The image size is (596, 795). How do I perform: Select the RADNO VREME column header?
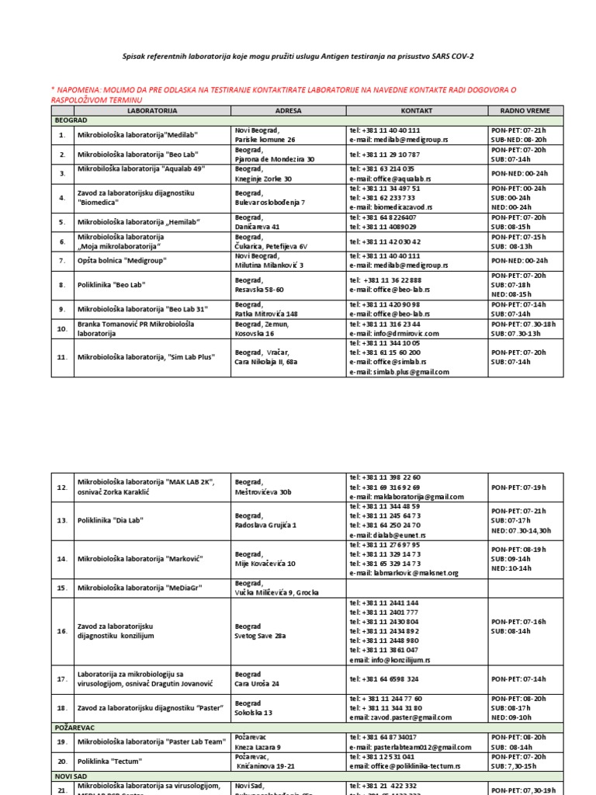pos(526,111)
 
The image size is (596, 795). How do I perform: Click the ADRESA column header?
pos(288,111)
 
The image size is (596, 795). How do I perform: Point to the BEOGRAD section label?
pos(70,121)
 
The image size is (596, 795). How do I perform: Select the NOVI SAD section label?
pos(72,776)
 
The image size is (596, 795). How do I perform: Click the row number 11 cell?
pos(62,357)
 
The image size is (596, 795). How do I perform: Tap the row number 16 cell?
pos(62,631)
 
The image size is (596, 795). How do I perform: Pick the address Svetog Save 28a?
pos(260,636)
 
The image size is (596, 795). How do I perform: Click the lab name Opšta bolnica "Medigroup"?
pos(122,261)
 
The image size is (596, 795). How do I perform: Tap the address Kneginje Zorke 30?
pos(263,178)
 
